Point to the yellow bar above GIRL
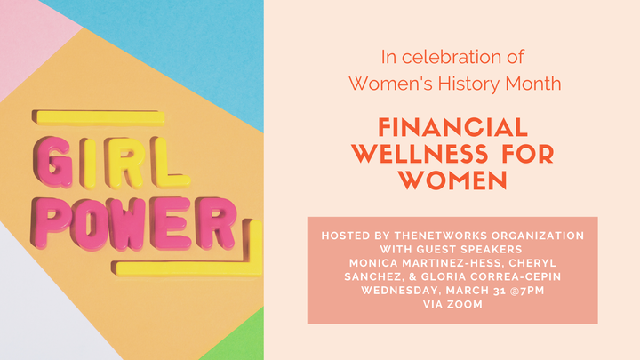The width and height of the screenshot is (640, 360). coord(99,117)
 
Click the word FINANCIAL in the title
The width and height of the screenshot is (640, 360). coord(453,128)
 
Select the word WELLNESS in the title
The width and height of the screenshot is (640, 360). coord(420,154)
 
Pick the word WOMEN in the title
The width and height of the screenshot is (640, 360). coord(453,180)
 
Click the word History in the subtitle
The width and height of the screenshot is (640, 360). coord(468,84)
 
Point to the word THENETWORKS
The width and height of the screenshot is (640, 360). coord(441,236)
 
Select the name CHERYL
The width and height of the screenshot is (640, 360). coord(532,263)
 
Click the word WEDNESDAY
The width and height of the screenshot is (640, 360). coord(401,291)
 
